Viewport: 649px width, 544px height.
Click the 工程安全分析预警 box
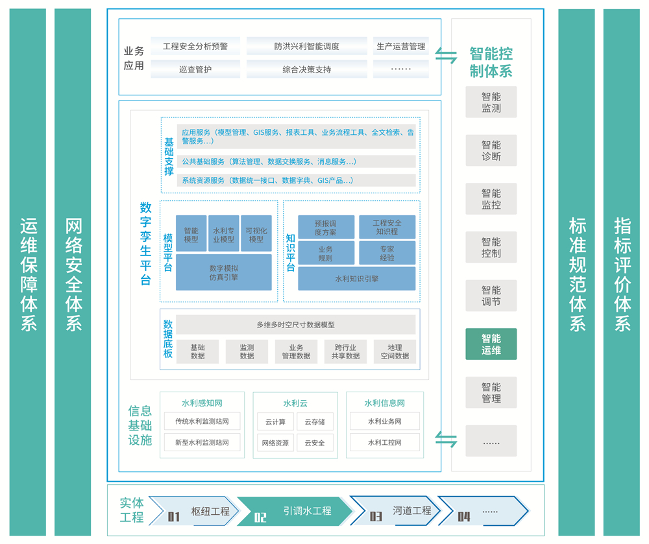195,46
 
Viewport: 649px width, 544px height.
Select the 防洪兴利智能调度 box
307,46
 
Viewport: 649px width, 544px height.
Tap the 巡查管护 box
195,69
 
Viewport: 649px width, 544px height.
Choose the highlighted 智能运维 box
491,344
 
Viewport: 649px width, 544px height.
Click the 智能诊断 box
491,150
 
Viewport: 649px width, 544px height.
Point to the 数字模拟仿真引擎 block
223,272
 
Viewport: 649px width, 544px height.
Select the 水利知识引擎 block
357,279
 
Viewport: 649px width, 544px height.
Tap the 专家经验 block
387,253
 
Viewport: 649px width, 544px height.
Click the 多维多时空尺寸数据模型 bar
295,324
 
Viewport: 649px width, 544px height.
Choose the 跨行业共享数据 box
345,352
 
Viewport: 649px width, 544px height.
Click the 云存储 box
315,421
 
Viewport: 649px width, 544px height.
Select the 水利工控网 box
384,442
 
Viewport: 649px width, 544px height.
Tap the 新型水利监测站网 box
202,442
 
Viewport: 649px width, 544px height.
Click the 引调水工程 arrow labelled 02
295,511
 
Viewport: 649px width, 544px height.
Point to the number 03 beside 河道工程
376,516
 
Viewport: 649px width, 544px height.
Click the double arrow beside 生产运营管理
446,56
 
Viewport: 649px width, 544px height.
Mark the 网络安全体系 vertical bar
73,272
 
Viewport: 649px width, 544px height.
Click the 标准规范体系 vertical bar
576,272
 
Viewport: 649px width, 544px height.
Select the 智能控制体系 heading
491,62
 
